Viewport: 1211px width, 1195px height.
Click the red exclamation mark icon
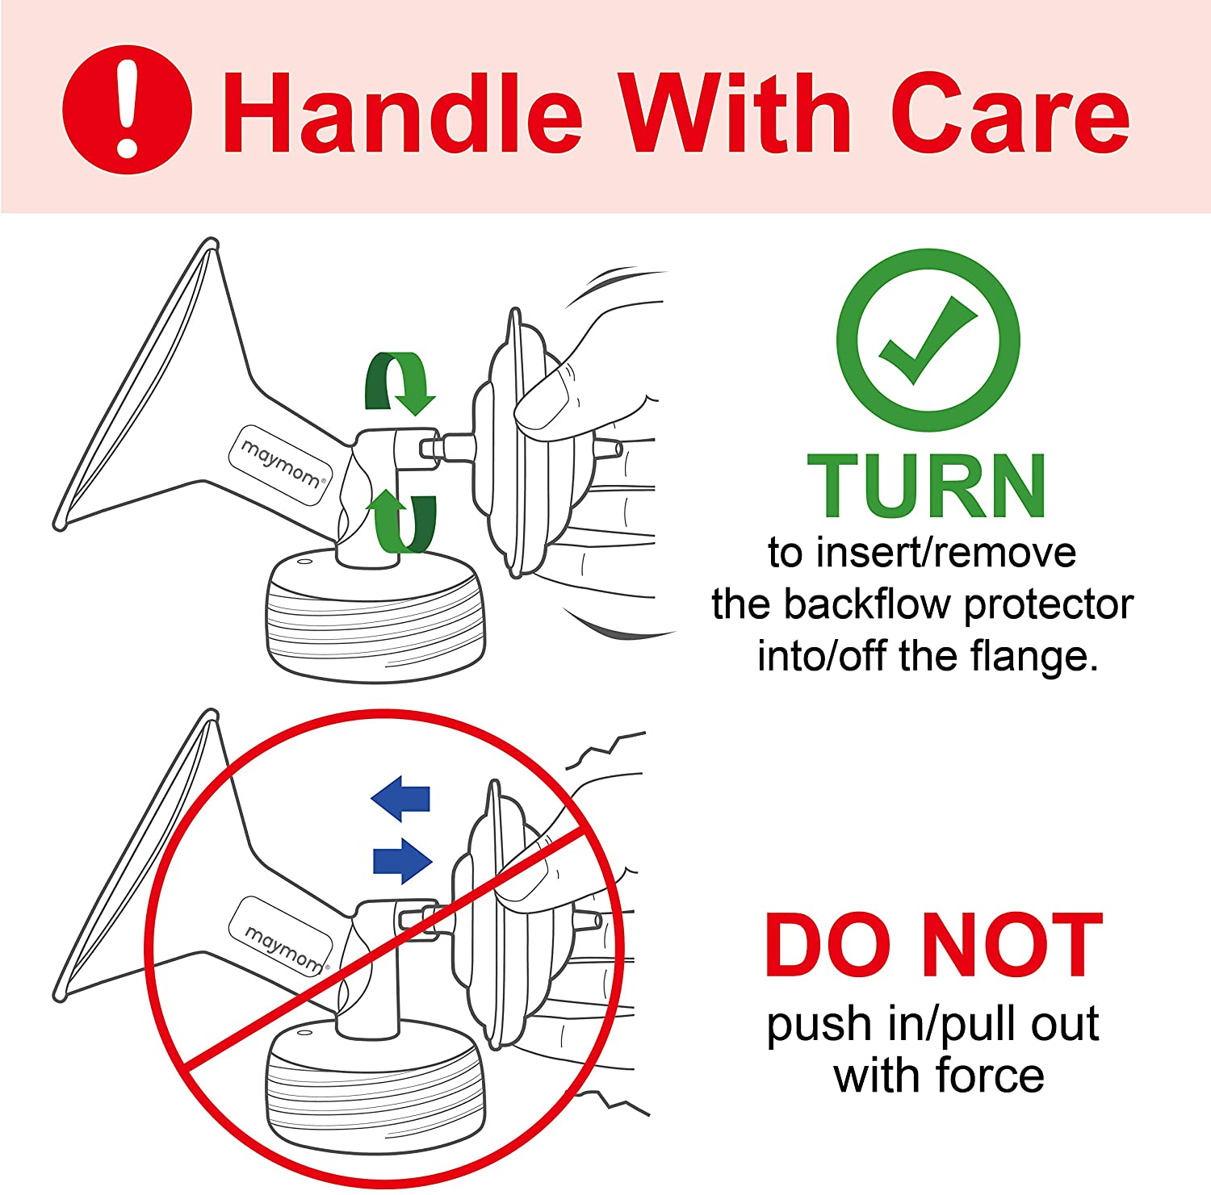(x=127, y=109)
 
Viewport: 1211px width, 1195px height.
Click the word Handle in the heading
(x=402, y=112)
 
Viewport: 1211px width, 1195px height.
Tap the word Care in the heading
(x=1010, y=113)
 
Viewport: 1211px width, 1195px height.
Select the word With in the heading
(x=735, y=112)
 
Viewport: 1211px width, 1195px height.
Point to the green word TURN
(x=927, y=485)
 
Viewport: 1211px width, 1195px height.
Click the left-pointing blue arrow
(x=400, y=798)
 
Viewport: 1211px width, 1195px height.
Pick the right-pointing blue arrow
(x=403, y=860)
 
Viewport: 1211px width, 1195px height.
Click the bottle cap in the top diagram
(x=376, y=615)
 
